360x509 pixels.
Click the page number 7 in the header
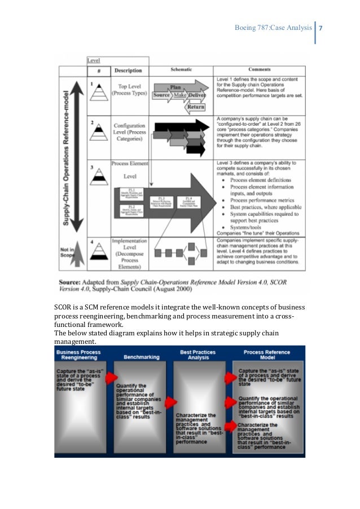tap(320, 28)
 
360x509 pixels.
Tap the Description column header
tap(128, 71)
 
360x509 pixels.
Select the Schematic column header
tap(181, 70)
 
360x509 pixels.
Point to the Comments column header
tap(260, 70)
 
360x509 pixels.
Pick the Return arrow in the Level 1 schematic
tap(196, 107)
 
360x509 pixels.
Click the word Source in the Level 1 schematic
tap(162, 96)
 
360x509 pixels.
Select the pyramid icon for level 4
tap(99, 251)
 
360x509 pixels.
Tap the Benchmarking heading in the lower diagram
tap(141, 356)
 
